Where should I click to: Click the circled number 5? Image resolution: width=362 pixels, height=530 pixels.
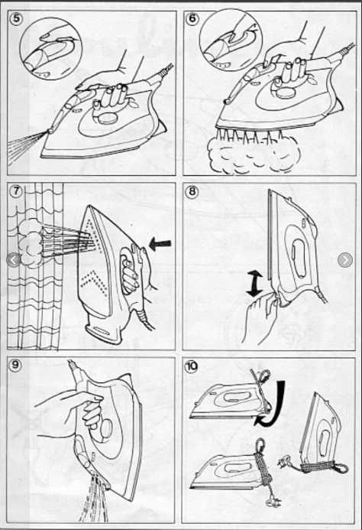pyautogui.click(x=17, y=18)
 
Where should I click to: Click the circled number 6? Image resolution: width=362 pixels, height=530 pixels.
pyautogui.click(x=192, y=18)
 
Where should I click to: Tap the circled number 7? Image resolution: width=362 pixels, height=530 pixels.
pyautogui.click(x=16, y=191)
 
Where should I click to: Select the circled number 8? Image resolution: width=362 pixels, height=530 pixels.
pyautogui.click(x=192, y=192)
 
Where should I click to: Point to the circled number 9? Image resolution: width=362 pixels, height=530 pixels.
pyautogui.click(x=15, y=365)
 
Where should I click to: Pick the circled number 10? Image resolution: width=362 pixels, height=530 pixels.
pyautogui.click(x=192, y=366)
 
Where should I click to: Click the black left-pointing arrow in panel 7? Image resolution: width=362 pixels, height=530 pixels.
pyautogui.click(x=160, y=244)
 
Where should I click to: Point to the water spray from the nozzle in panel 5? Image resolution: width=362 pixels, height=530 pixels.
pyautogui.click(x=25, y=146)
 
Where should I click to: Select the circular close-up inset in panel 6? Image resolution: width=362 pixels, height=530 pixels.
pyautogui.click(x=231, y=40)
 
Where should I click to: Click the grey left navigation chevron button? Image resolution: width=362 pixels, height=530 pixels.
pyautogui.click(x=14, y=260)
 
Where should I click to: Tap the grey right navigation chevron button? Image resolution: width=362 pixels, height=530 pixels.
pyautogui.click(x=345, y=259)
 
